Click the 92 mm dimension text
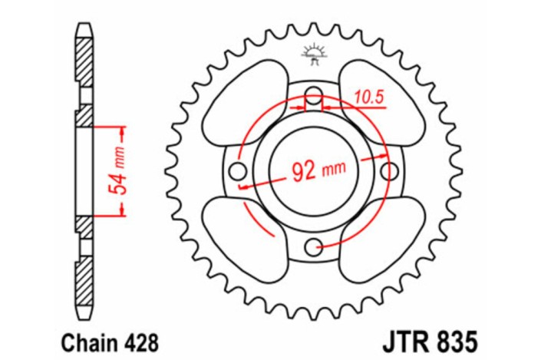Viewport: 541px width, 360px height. pos(315,170)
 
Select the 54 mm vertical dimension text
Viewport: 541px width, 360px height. pos(117,170)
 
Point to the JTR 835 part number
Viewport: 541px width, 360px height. pos(431,338)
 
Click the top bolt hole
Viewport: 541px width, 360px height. pos(313,95)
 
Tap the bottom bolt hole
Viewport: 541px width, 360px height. pos(313,246)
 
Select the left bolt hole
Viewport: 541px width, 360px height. pos(238,170)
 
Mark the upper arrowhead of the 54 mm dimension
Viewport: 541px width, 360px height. pos(121,129)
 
